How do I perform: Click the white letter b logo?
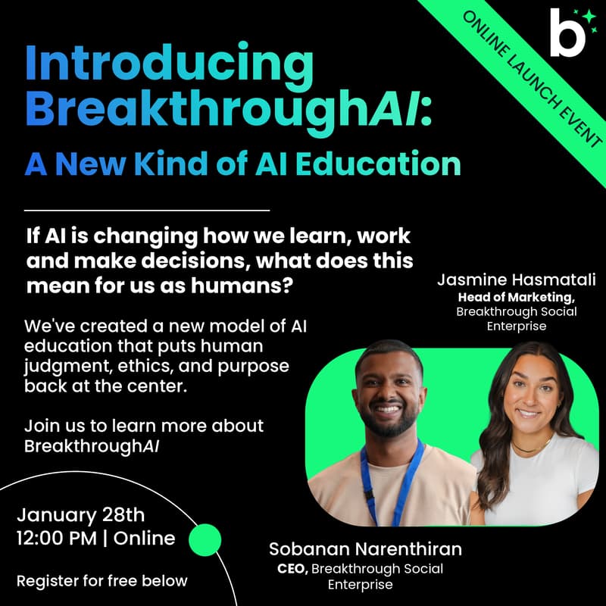coord(564,34)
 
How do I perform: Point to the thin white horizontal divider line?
coord(147,209)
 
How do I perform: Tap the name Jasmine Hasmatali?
coord(516,280)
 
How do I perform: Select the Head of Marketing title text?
coord(516,296)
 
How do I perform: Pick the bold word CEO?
coord(292,568)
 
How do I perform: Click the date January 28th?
coord(80,514)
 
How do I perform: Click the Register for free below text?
coord(102,581)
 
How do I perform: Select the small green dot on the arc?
coord(204,540)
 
